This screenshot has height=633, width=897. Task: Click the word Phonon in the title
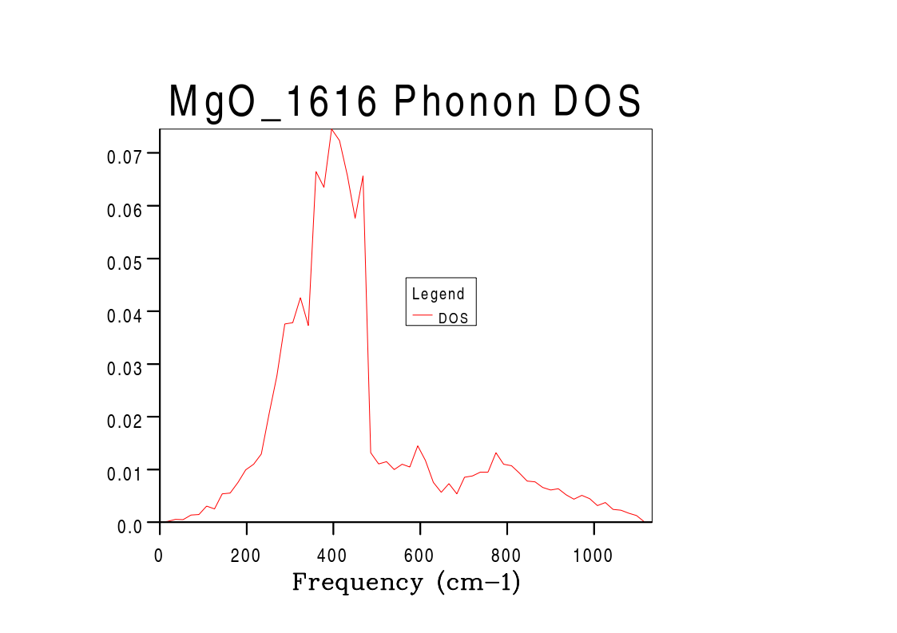coord(465,102)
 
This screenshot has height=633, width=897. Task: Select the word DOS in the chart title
coord(598,102)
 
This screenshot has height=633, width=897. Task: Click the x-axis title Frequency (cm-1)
coord(406,582)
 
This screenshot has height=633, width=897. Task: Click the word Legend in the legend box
coord(438,294)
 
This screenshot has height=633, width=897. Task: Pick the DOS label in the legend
coord(454,318)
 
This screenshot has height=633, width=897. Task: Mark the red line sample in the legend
coord(422,317)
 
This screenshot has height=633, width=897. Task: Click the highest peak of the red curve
coord(331,129)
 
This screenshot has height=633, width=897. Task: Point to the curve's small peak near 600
coord(418,446)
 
